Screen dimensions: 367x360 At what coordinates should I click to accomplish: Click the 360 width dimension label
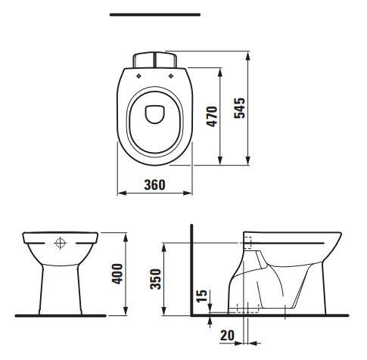click(154, 185)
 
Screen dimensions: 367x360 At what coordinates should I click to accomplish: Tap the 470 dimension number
click(212, 116)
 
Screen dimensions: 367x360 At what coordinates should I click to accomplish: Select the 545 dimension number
click(239, 108)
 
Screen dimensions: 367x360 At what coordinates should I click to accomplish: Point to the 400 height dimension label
click(117, 274)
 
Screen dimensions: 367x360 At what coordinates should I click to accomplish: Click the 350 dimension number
click(155, 279)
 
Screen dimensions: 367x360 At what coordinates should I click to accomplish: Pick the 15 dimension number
click(201, 296)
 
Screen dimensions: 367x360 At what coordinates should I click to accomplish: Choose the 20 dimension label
click(227, 336)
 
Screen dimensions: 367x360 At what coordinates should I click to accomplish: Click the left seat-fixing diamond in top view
click(138, 76)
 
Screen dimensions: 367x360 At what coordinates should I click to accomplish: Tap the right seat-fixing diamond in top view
click(171, 76)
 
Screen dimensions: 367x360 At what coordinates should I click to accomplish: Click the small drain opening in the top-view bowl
click(155, 114)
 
